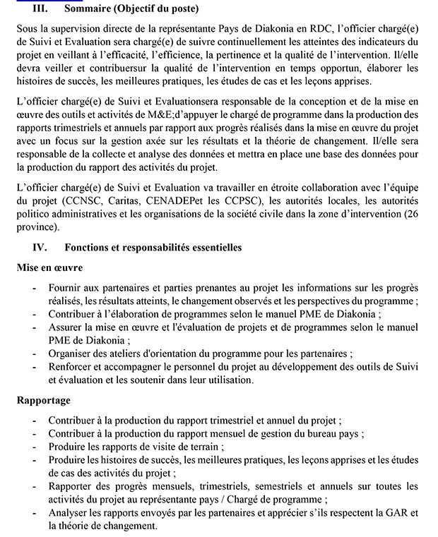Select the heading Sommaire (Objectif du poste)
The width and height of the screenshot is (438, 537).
point(132,8)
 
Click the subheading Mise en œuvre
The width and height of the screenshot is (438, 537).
point(49,268)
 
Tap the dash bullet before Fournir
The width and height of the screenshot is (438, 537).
point(35,289)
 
